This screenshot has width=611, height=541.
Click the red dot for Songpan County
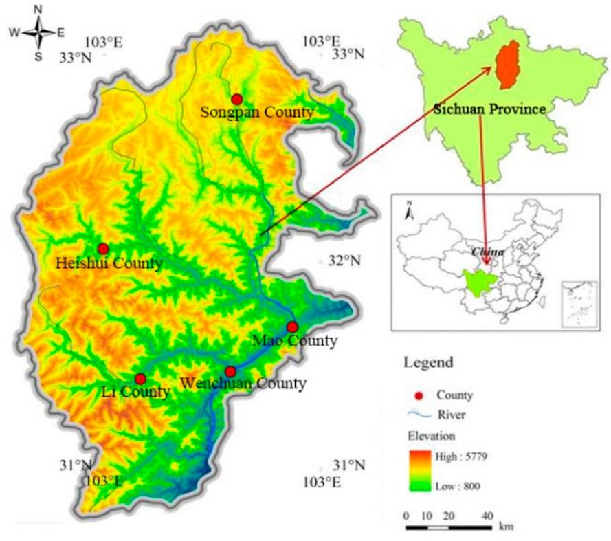(x=237, y=99)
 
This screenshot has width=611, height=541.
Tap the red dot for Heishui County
(x=103, y=248)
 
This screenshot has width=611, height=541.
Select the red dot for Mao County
(x=292, y=327)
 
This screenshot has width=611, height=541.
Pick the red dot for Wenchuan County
(x=230, y=371)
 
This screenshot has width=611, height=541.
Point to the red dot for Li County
(x=140, y=379)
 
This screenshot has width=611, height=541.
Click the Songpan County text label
(x=257, y=112)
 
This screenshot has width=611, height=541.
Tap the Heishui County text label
(x=109, y=263)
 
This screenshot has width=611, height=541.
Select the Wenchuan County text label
(x=243, y=384)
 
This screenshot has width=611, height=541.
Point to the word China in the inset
(x=488, y=252)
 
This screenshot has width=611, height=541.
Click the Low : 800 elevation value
(x=457, y=486)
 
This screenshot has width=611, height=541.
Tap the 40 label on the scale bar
(x=488, y=516)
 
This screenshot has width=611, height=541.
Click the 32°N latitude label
(x=347, y=261)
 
